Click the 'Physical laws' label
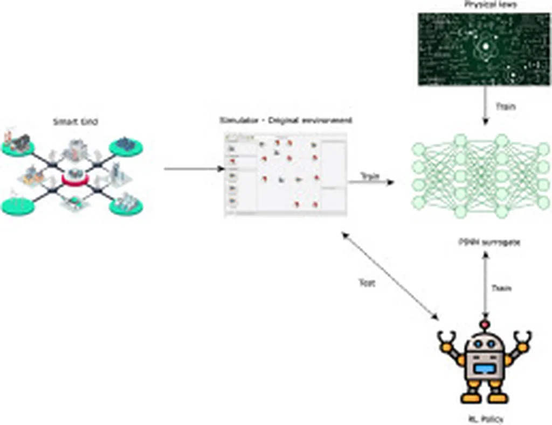point(485,5)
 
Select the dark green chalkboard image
point(485,49)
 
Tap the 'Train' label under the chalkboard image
point(505,107)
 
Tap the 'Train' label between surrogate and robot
point(501,288)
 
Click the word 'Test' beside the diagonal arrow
point(367,282)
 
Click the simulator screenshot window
point(286,174)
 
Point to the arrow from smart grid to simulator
point(194,169)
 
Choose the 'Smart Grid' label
point(75,122)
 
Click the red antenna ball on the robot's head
point(486,325)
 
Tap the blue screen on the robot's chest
point(485,369)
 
